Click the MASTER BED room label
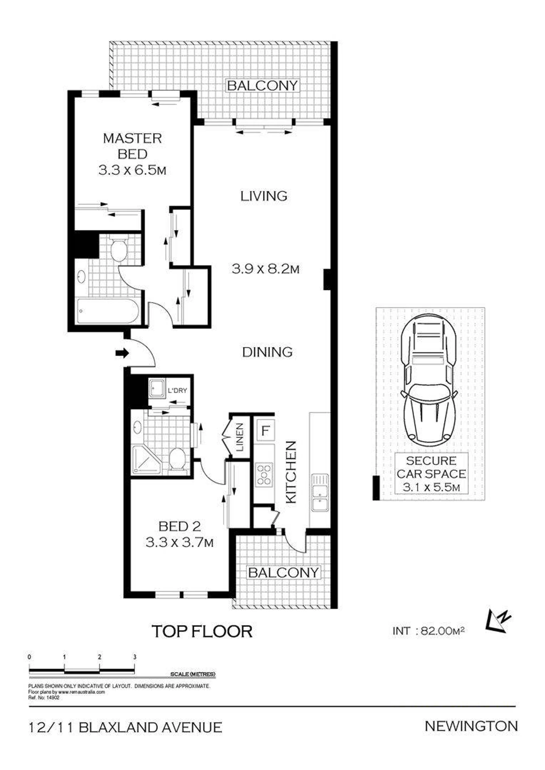pos(132,146)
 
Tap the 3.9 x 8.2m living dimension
pos(265,269)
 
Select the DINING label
pos(267,352)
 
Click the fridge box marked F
pos(265,430)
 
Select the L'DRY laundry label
pos(177,391)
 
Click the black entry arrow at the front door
pos(122,353)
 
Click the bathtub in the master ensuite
pos(108,311)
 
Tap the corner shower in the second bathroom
pos(147,460)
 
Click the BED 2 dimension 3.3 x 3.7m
pos(180,542)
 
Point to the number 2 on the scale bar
pos(99,657)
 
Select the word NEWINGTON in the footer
pos(471,726)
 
